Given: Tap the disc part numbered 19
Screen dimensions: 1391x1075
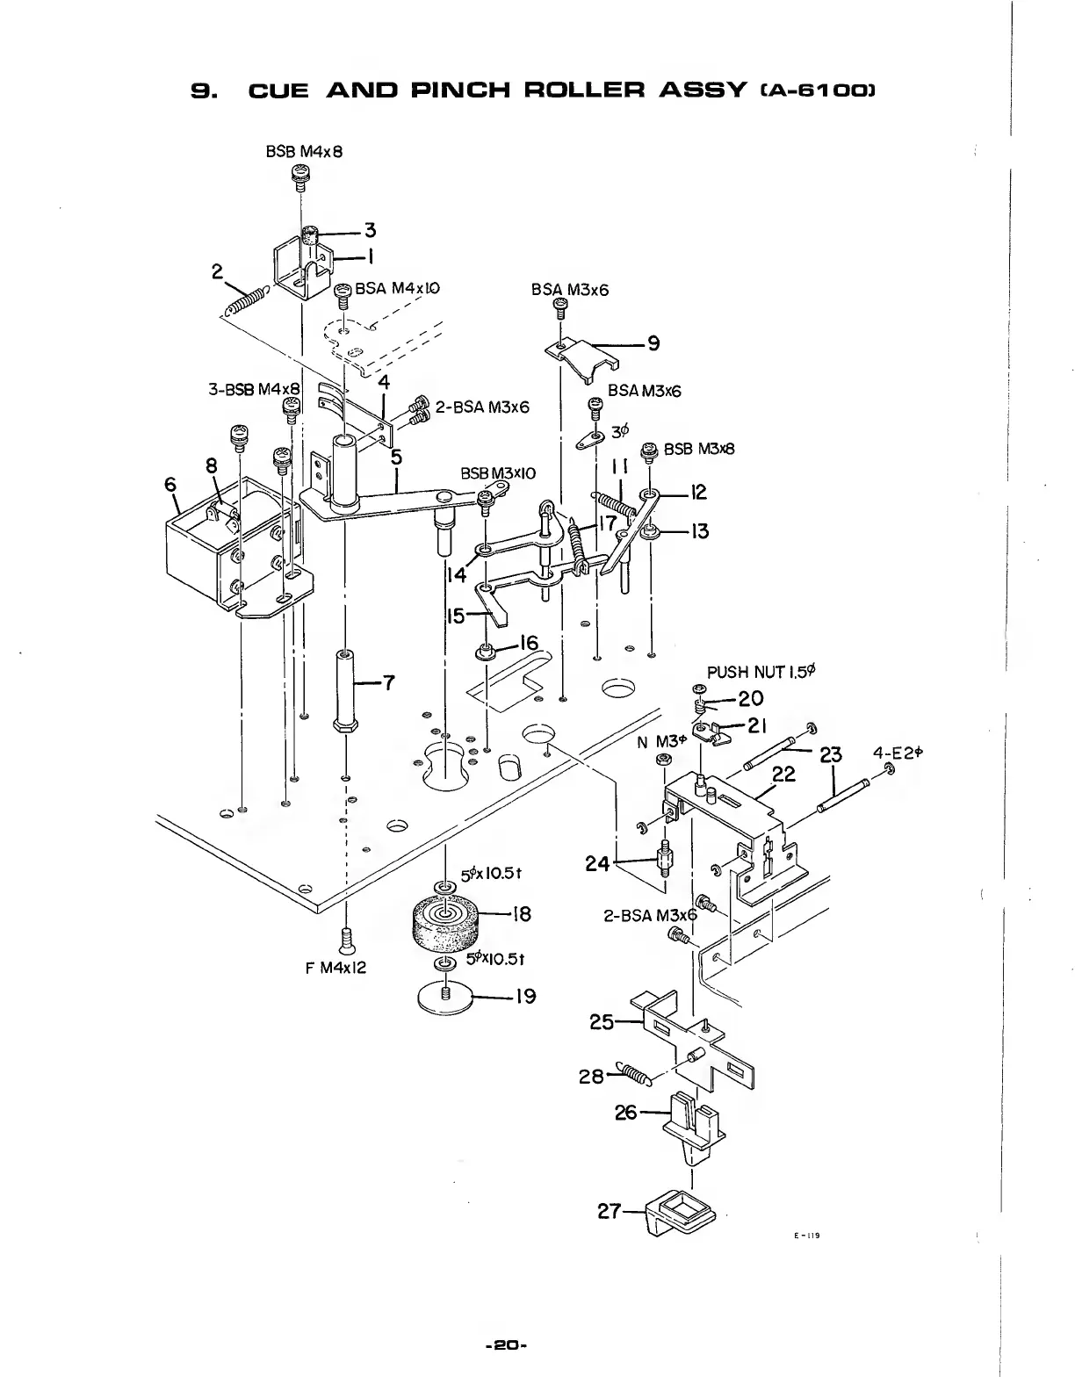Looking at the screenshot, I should tap(447, 997).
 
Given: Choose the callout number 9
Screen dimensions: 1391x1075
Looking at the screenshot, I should tap(654, 343).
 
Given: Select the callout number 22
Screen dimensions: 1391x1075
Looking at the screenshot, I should tap(784, 774).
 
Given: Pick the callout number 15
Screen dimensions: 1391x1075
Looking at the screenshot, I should tap(455, 616).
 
